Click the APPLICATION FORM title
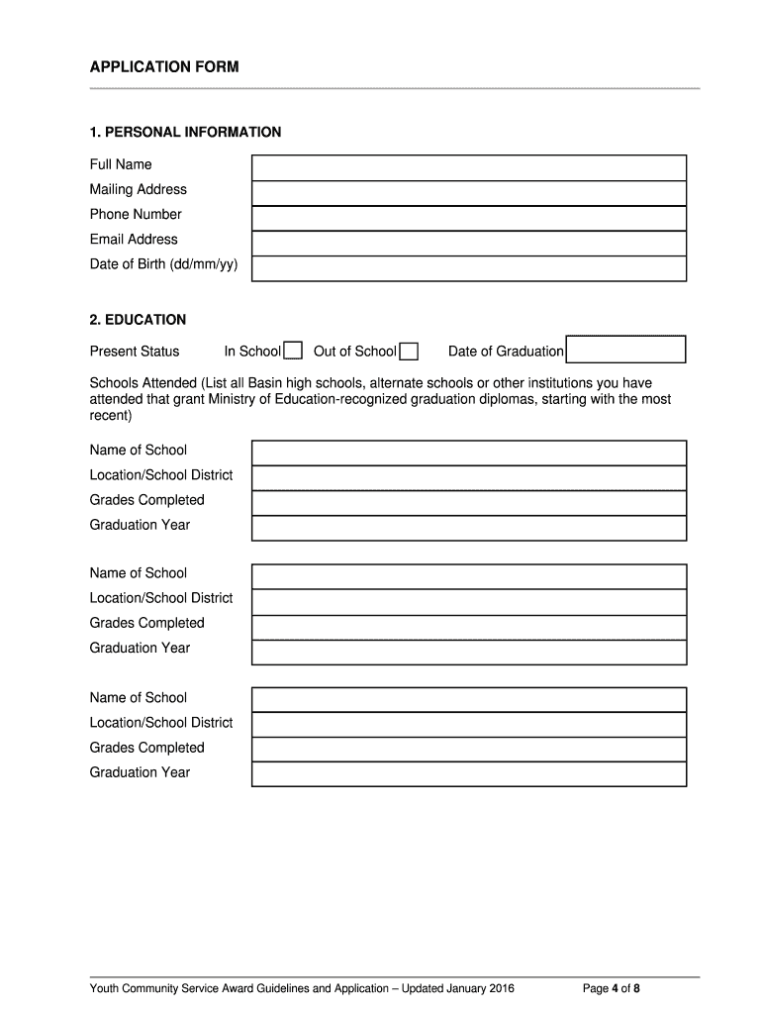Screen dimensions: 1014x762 coord(163,67)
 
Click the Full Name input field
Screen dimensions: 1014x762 coord(468,167)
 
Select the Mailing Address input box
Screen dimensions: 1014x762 coord(468,193)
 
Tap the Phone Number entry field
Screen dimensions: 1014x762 coord(468,218)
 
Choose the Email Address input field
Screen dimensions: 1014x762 coord(468,243)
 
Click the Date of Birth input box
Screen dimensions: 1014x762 coord(468,268)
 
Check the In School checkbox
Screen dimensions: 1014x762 coord(293,351)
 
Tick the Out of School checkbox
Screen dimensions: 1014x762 coord(408,351)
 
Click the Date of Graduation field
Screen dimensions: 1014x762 coord(625,350)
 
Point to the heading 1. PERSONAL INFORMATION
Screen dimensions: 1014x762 coord(185,132)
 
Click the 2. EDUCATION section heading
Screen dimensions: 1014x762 coord(138,320)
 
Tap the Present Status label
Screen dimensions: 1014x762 coord(135,352)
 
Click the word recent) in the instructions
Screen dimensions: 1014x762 coord(110,416)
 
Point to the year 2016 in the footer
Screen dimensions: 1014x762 coord(499,988)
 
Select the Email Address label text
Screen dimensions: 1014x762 coord(134,240)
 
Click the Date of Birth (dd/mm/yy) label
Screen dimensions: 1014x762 coord(163,264)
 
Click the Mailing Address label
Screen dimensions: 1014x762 coord(138,190)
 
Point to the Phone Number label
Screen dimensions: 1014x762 coord(136,215)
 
